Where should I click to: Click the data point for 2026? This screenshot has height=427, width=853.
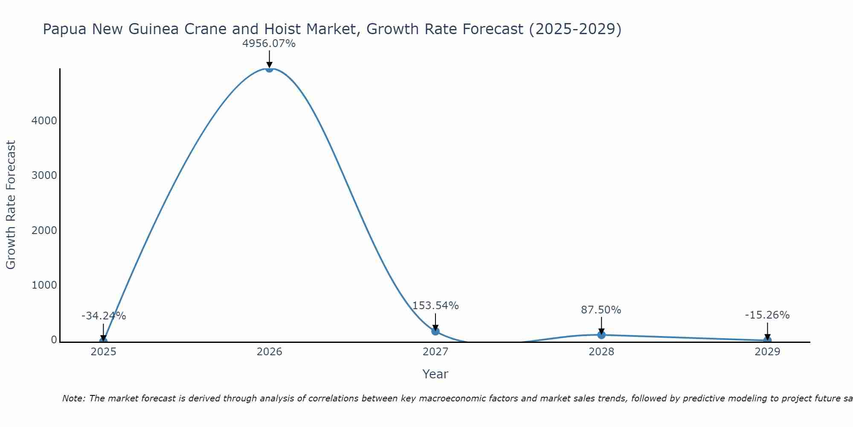[269, 68]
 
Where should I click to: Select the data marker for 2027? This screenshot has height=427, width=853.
[435, 331]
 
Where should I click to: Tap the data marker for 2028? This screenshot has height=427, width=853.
[601, 335]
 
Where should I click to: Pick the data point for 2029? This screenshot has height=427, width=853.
[767, 340]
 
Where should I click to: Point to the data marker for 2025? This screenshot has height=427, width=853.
[103, 341]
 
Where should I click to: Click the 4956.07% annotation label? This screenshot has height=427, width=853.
[269, 44]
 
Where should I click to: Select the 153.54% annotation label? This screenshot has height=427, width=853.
[435, 306]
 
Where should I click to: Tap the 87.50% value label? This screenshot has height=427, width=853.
[601, 310]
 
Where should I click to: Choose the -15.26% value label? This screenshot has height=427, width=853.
[767, 315]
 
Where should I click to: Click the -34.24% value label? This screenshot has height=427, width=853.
[104, 316]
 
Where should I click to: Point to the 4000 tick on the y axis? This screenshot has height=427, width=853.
[44, 121]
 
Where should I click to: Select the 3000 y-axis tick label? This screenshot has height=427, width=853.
[44, 175]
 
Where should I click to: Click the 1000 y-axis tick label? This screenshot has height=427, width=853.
[44, 285]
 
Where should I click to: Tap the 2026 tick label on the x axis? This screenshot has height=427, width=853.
[269, 352]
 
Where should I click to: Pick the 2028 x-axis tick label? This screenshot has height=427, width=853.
[601, 352]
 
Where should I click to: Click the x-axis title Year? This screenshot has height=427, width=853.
[435, 374]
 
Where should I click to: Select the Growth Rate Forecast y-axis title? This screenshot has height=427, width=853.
[11, 205]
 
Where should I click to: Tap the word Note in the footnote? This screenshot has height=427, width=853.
[73, 398]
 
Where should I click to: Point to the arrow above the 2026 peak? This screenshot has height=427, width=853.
[269, 59]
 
